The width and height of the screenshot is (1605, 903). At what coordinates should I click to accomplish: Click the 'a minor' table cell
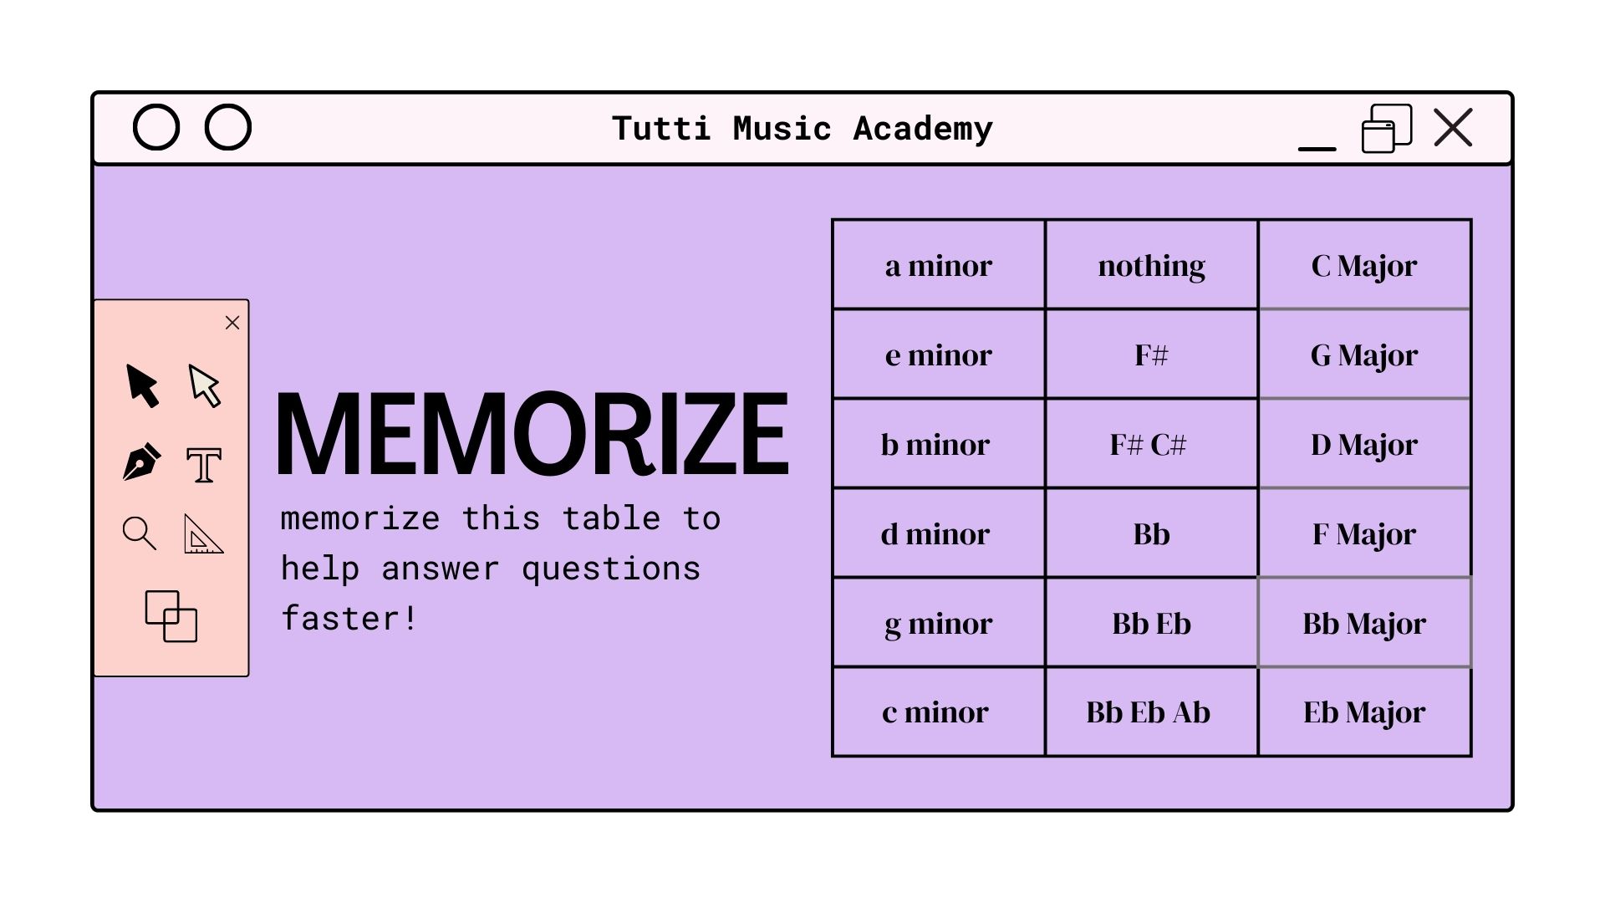tap(939, 264)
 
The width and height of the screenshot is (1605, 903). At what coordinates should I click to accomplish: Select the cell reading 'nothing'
tap(1151, 264)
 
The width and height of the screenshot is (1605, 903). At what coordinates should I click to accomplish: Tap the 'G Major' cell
tap(1364, 354)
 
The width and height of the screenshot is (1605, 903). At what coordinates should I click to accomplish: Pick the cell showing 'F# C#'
tap(1151, 443)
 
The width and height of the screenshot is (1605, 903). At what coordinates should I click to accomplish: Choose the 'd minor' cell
tap(939, 533)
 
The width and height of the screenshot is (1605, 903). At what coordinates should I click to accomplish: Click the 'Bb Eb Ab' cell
tap(1151, 712)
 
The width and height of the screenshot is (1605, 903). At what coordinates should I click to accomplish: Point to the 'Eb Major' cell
tap(1364, 712)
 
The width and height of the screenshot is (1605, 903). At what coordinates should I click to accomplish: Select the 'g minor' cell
tap(939, 622)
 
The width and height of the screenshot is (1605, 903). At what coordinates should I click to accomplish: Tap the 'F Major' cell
tap(1364, 533)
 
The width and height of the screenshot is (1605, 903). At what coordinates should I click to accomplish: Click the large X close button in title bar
tap(1453, 127)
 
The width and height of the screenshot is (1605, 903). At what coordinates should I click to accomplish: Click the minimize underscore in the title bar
tap(1317, 149)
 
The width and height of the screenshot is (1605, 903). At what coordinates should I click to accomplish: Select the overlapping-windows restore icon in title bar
tap(1387, 128)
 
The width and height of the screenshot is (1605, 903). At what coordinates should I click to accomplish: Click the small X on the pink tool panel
tap(232, 323)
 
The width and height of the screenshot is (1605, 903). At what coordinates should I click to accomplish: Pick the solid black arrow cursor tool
tap(141, 385)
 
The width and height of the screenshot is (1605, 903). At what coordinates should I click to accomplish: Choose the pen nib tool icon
tap(141, 462)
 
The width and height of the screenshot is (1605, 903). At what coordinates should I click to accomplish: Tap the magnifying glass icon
tap(139, 533)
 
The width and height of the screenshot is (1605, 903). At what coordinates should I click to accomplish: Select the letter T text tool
tap(204, 465)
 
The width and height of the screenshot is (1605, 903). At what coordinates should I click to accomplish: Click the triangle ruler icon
tap(203, 534)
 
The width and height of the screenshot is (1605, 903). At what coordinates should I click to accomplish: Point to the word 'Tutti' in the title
tap(661, 128)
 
